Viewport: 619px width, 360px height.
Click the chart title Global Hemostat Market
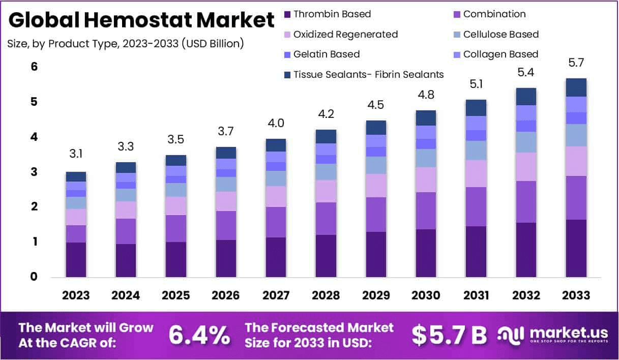click(141, 21)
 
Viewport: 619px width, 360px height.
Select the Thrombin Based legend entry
click(332, 14)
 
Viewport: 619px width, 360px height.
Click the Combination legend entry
click(494, 14)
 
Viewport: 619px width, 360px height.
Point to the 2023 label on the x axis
click(76, 295)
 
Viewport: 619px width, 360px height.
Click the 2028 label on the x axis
click(326, 295)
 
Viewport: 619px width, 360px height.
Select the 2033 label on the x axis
click(576, 295)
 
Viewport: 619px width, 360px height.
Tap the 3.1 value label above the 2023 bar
click(76, 153)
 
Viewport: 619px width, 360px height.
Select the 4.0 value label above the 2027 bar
click(276, 123)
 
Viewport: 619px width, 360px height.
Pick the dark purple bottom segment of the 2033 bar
click(576, 248)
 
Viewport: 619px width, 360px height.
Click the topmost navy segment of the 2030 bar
click(426, 117)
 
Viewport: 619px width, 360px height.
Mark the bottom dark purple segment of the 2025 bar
click(175, 259)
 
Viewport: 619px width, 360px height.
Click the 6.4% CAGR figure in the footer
click(199, 335)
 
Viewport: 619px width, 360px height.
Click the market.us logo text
click(568, 333)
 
